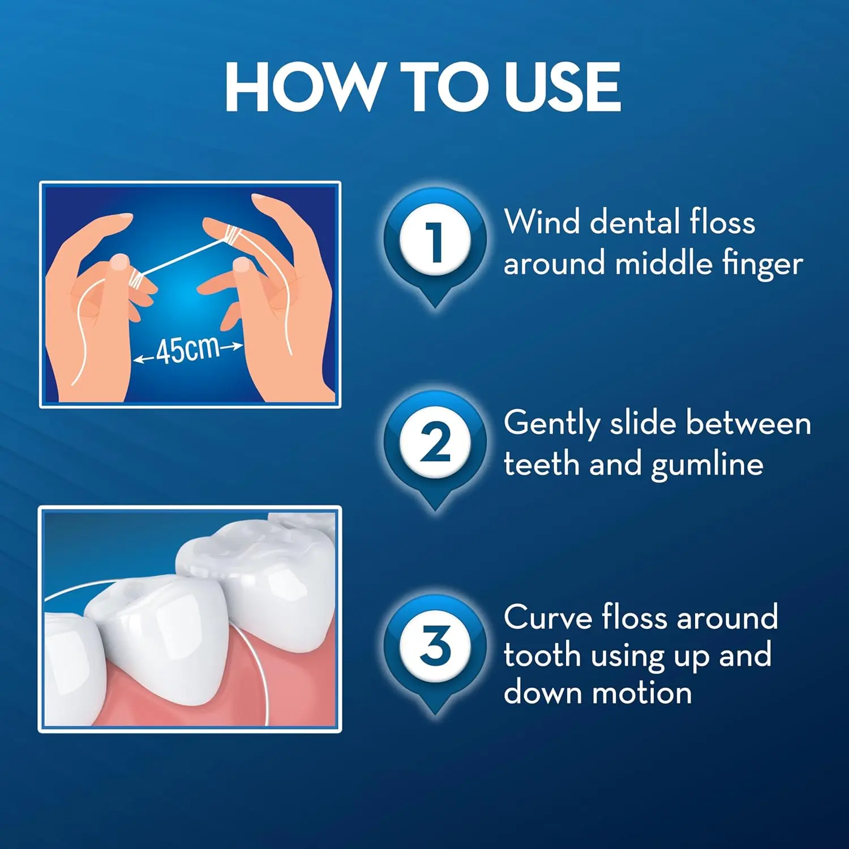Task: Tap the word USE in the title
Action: pos(563,87)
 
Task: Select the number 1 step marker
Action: pos(435,241)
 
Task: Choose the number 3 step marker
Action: pos(435,645)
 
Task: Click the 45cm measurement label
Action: pos(187,350)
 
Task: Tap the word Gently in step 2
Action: pos(552,424)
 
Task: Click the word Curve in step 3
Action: pos(548,617)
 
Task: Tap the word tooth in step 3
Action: pos(542,655)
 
